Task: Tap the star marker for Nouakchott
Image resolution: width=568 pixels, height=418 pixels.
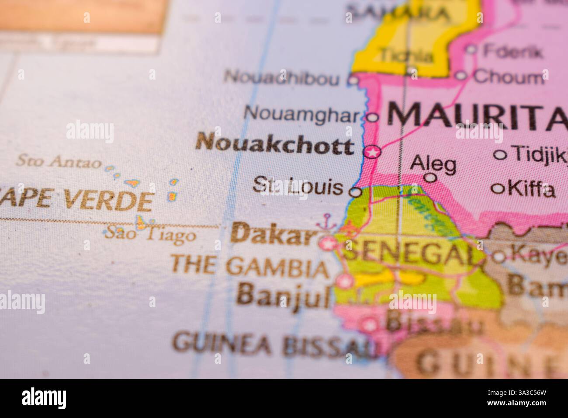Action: [x=373, y=152]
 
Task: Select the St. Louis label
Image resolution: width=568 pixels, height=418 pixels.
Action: [x=298, y=187]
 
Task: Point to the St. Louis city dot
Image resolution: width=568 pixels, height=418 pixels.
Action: [x=357, y=192]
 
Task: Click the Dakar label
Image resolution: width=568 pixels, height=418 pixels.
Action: [x=274, y=235]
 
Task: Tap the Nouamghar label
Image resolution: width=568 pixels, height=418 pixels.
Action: [x=303, y=114]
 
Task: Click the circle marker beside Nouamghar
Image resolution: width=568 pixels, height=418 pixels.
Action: [x=372, y=117]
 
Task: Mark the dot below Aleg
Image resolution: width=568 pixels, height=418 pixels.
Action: [x=430, y=178]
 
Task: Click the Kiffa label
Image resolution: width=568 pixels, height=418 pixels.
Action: [x=531, y=189]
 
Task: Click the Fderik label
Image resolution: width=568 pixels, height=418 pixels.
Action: [x=513, y=52]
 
